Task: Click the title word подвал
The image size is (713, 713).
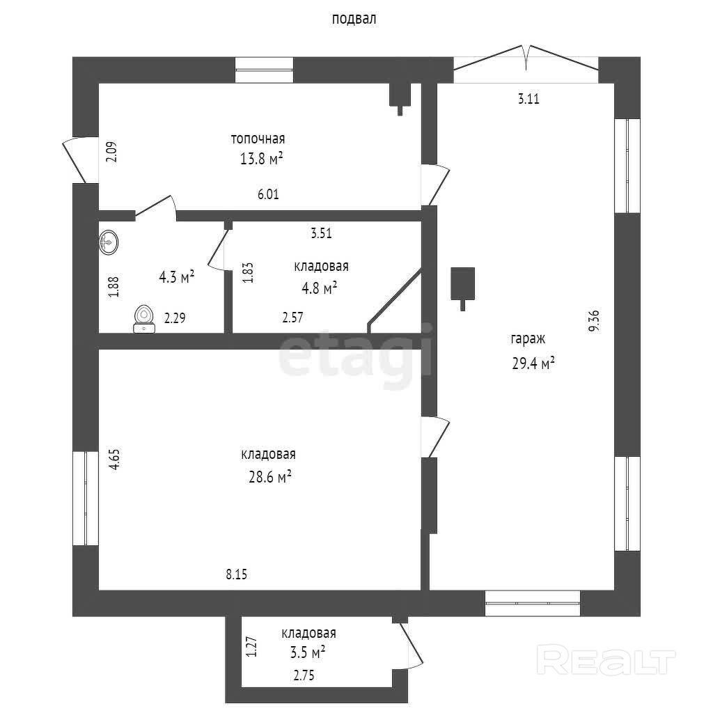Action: click(354, 19)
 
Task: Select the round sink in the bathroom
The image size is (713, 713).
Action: click(109, 242)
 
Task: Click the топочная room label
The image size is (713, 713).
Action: click(258, 139)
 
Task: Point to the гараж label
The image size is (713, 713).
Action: click(528, 340)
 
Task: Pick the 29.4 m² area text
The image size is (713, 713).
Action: click(533, 363)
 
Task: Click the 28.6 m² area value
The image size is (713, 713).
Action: click(265, 477)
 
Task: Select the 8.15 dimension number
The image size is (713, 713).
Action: click(237, 574)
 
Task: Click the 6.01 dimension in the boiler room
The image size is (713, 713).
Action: click(268, 195)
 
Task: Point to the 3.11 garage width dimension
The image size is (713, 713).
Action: click(529, 99)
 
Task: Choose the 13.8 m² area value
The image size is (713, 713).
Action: click(261, 159)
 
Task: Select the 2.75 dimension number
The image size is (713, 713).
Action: click(308, 675)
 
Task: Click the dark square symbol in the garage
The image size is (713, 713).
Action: click(462, 283)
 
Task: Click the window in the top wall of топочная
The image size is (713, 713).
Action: click(264, 69)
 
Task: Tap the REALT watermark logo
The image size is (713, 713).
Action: click(607, 660)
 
